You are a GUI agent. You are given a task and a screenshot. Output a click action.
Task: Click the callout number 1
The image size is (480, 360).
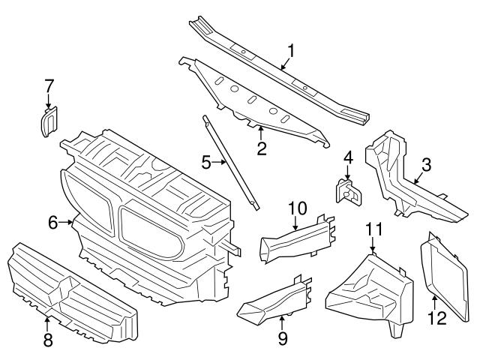tap(291, 51)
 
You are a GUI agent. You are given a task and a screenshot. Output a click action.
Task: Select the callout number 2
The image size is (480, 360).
tap(262, 148)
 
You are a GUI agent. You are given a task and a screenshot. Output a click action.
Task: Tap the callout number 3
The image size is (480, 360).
tap(426, 165)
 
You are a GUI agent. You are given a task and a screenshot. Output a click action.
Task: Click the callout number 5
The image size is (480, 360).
tap(205, 160)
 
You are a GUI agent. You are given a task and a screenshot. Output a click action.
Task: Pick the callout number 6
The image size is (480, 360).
tap(53, 221)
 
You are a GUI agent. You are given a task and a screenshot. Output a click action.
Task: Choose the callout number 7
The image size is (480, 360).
tap(49, 87)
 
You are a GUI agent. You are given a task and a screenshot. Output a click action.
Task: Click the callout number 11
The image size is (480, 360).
tap(373, 229)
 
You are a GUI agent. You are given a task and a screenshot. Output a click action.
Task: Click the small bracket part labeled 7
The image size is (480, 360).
tap(46, 122)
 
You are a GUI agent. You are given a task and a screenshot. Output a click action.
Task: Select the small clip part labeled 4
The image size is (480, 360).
tap(349, 192)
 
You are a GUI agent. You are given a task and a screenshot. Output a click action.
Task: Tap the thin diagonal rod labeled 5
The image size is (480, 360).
tap(229, 160)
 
